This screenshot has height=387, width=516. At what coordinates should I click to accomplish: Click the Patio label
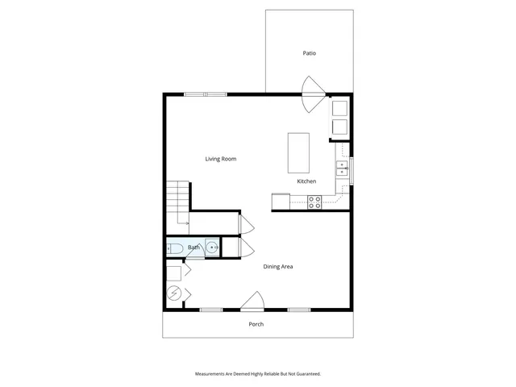[309, 53]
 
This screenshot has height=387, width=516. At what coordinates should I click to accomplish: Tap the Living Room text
[220, 159]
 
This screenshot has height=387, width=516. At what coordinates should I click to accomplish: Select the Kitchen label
[306, 181]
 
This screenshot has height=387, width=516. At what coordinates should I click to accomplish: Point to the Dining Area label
[278, 266]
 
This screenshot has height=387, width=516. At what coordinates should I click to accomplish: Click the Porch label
[256, 324]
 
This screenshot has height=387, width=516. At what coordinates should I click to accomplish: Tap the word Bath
[193, 248]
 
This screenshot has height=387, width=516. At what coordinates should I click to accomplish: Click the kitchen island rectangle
[298, 153]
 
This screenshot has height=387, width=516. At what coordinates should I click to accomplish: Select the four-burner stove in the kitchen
[314, 203]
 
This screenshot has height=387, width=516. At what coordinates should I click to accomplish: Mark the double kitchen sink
[342, 168]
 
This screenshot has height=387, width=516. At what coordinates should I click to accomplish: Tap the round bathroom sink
[211, 248]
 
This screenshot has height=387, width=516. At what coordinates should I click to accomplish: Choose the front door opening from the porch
[252, 302]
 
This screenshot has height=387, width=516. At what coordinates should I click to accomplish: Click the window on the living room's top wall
[205, 94]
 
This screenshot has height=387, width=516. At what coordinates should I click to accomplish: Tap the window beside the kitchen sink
[352, 168]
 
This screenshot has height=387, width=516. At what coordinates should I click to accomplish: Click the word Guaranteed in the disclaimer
[306, 374]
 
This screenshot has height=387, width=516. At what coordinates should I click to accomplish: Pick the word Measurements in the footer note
[210, 374]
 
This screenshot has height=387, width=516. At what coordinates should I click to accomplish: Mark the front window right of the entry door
[299, 310]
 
